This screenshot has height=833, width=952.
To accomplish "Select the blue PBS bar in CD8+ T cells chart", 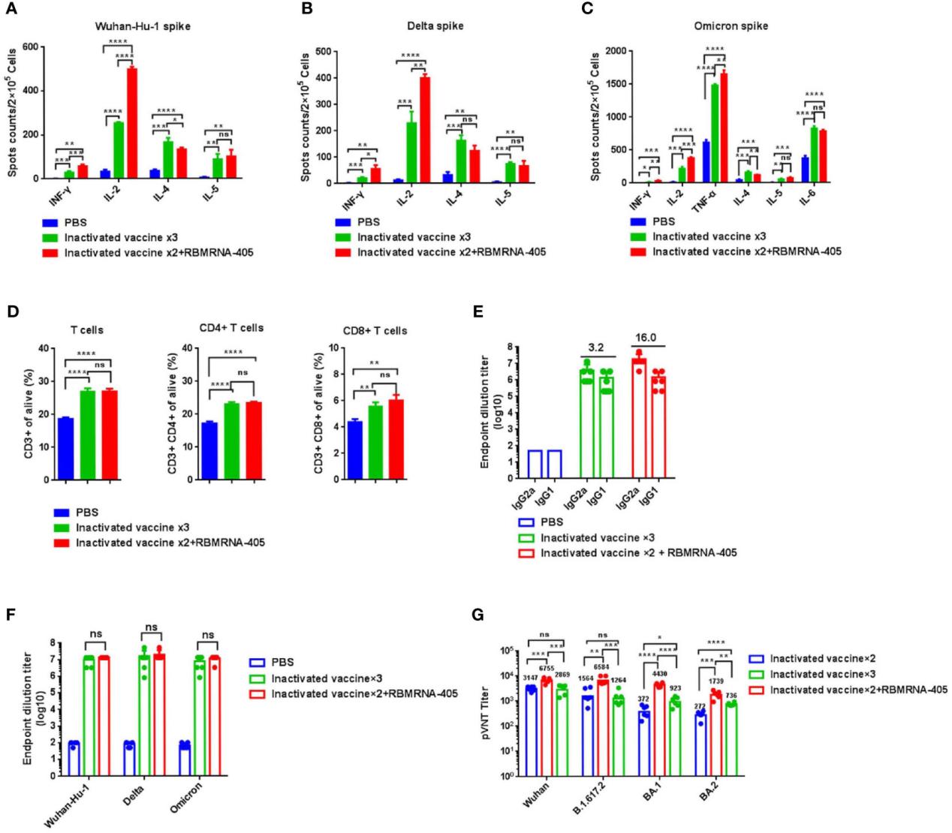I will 355,448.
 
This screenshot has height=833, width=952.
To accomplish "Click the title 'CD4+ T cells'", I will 233,328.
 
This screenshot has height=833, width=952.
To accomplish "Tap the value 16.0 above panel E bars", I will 646,338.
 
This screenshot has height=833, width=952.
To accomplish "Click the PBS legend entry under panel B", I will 369,222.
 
